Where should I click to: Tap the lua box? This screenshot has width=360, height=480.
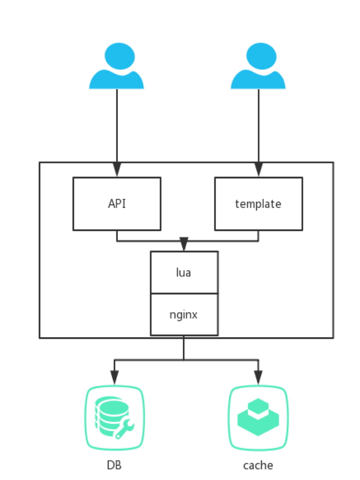(184, 272)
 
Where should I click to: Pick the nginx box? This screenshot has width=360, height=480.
(184, 314)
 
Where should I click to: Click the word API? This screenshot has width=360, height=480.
(117, 203)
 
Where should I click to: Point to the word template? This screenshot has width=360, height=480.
(258, 204)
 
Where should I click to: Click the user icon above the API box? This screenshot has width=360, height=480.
(117, 67)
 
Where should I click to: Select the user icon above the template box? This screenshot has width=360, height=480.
(258, 67)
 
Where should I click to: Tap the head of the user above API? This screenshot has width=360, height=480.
(119, 56)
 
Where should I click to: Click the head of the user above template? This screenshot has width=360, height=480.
(261, 56)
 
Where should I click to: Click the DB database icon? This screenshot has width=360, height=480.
(115, 418)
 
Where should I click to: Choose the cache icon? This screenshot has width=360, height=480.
(258, 418)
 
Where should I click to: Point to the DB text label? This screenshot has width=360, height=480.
(114, 465)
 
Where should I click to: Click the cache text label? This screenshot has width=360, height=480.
(258, 465)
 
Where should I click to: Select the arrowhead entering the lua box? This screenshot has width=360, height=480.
(184, 244)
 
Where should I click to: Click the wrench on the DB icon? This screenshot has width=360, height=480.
(123, 429)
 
